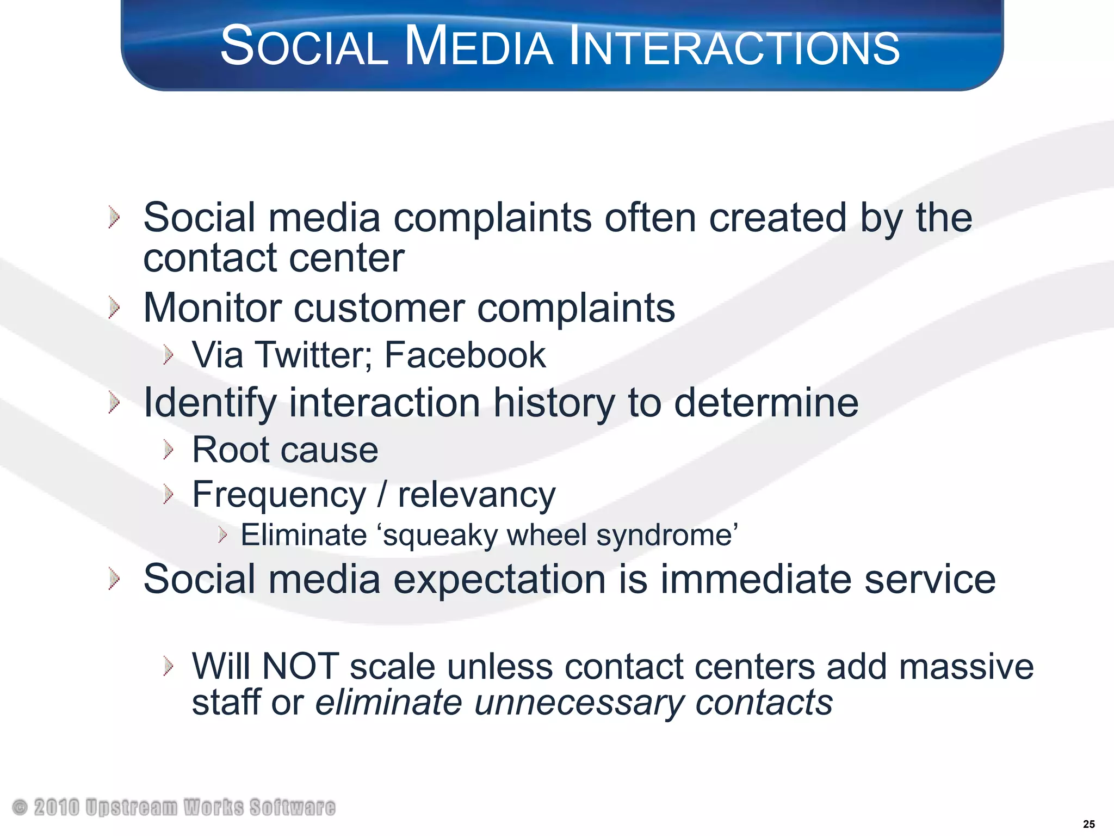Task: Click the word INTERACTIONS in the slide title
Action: pyautogui.click(x=734, y=47)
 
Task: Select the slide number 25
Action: pyautogui.click(x=1088, y=824)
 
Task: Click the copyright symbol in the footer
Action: pyautogui.click(x=20, y=807)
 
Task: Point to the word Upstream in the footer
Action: pyautogui.click(x=131, y=808)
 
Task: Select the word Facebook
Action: pyautogui.click(x=465, y=355)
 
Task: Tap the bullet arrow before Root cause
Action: pyautogui.click(x=168, y=450)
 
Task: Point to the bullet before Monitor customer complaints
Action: pyautogui.click(x=114, y=308)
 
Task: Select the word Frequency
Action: pyautogui.click(x=279, y=495)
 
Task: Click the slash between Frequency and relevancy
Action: pyautogui.click(x=382, y=495)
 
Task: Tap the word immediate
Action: pyautogui.click(x=756, y=579)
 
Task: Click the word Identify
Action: pyautogui.click(x=210, y=403)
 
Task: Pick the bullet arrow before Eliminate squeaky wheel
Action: pyautogui.click(x=222, y=535)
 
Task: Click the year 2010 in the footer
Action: pyautogui.click(x=57, y=808)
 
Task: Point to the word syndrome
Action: pyautogui.click(x=667, y=536)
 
